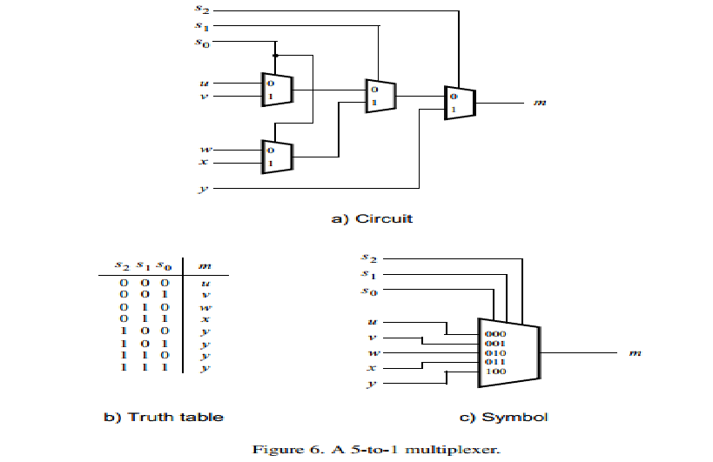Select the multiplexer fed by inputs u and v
click(277, 89)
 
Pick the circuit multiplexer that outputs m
click(459, 103)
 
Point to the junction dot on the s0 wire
click(275, 55)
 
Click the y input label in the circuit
click(203, 188)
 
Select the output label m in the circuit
click(539, 103)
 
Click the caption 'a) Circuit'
click(373, 218)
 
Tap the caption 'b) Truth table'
click(165, 417)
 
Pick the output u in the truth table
click(204, 283)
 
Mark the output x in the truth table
click(204, 319)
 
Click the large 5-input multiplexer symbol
click(508, 353)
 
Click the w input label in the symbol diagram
click(373, 353)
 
